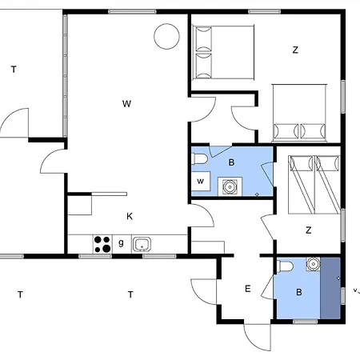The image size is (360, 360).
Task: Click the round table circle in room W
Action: pyautogui.click(x=166, y=37)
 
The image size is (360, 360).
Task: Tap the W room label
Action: pyautogui.click(x=126, y=103)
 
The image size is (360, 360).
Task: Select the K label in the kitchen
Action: pyautogui.click(x=129, y=216)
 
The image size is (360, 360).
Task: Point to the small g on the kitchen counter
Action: pyautogui.click(x=122, y=242)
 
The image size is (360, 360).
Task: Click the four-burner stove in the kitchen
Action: pyautogui.click(x=102, y=243)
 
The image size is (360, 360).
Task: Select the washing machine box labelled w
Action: pyautogui.click(x=202, y=182)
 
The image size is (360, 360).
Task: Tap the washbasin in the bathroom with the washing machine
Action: pyautogui.click(x=231, y=187)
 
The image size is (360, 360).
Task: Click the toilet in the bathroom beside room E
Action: pyautogui.click(x=286, y=268)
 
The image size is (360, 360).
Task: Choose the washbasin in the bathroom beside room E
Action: pyautogui.click(x=313, y=262)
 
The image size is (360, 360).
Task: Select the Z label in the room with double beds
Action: pyautogui.click(x=295, y=50)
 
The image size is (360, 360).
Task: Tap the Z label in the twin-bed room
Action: pyautogui.click(x=308, y=230)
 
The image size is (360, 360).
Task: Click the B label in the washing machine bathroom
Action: pyautogui.click(x=231, y=162)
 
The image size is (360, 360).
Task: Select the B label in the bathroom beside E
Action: pyautogui.click(x=299, y=292)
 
